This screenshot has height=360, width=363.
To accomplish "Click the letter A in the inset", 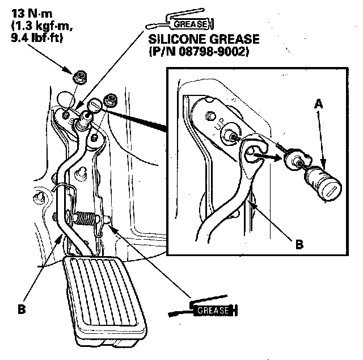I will [x=319, y=104].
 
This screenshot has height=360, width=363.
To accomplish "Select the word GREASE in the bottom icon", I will [x=214, y=310].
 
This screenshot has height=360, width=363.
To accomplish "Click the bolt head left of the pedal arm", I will [x=39, y=197].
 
